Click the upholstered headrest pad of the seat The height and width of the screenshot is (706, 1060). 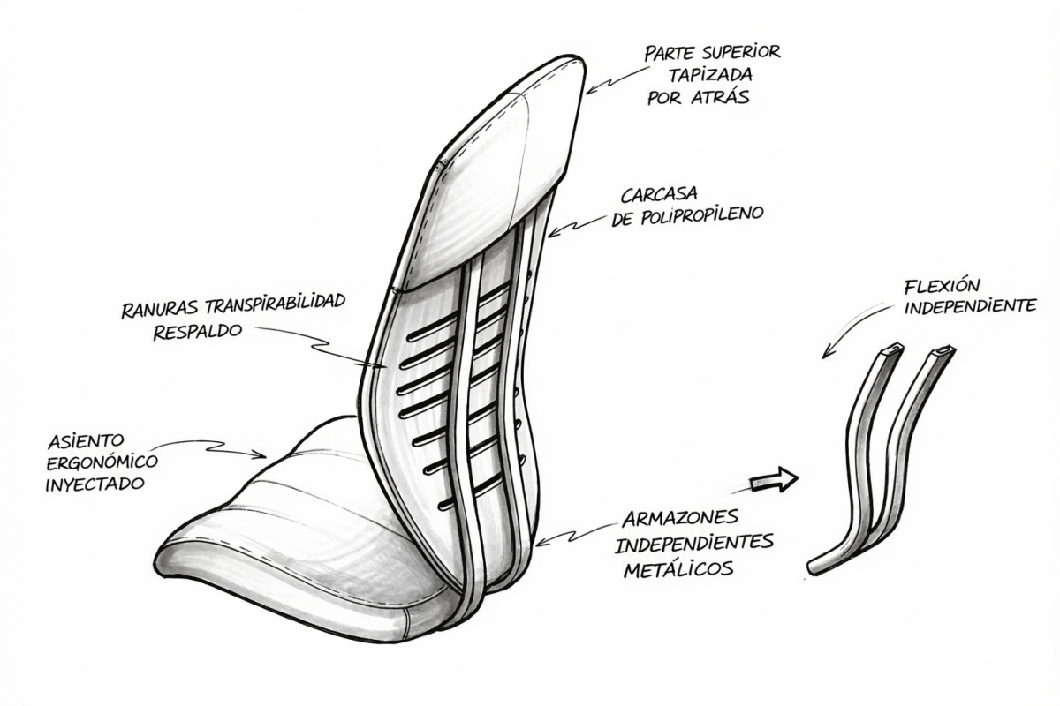coord(495,176)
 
